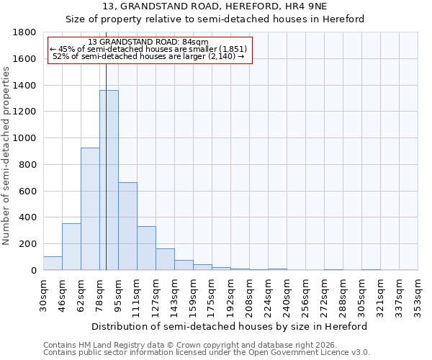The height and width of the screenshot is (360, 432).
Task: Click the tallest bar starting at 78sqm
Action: click(109, 180)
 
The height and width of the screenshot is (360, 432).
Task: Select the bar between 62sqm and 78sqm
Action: click(90, 209)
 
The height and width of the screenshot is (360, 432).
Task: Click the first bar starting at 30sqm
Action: click(53, 264)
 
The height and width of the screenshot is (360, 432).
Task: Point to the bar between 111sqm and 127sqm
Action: click(146, 248)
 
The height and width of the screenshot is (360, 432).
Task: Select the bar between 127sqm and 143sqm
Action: click(165, 259)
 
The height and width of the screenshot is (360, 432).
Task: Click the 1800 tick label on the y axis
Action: click(25, 32)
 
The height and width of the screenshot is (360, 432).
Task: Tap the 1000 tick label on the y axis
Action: click(25, 138)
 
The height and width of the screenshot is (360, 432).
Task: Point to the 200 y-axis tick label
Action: click(28, 244)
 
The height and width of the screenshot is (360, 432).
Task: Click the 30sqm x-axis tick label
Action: click(43, 294)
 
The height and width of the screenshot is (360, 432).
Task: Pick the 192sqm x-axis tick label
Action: click(230, 294)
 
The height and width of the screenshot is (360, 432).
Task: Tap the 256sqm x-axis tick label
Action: click(305, 294)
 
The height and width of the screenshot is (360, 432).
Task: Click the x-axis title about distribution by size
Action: click(230, 326)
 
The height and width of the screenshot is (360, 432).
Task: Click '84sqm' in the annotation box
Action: click(194, 42)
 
